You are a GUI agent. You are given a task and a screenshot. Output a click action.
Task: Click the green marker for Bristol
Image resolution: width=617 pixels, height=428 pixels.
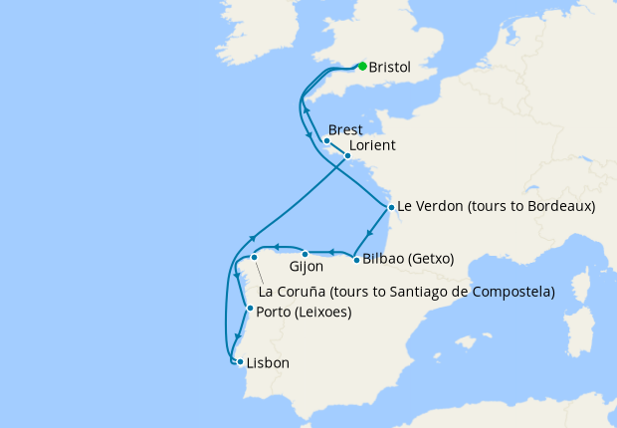[362, 67]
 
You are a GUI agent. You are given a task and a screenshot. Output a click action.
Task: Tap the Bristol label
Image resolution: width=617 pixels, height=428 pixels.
[389, 69]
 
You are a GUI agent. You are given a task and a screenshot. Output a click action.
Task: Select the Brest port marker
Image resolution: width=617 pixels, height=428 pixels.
[326, 140]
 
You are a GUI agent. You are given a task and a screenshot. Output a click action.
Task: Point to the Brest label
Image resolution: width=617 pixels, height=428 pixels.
[344, 130]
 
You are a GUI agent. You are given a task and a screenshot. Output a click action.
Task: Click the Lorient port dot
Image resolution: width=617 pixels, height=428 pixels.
[347, 156]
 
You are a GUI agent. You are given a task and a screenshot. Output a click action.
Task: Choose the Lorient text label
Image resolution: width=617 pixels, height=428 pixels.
[372, 145]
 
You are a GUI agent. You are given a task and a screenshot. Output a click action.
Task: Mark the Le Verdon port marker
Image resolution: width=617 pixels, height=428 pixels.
[392, 208]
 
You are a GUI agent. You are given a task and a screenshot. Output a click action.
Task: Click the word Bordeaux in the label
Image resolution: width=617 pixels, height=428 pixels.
[556, 207]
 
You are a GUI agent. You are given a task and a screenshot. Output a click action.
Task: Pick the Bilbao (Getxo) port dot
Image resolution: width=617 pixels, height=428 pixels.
[356, 260]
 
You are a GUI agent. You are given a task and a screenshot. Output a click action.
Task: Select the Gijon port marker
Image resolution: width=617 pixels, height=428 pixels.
[306, 255]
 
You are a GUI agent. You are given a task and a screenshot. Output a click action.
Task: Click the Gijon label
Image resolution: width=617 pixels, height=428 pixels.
[307, 268]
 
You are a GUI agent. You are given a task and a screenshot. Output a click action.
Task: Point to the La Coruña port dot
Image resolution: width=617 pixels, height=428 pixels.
[255, 257]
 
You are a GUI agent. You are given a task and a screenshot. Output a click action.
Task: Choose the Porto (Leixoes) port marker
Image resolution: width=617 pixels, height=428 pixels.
[249, 309]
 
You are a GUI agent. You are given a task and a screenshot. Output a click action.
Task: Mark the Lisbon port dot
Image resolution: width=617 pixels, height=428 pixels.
[240, 362]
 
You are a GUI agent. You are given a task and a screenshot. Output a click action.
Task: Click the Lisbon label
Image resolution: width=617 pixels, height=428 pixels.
[268, 363]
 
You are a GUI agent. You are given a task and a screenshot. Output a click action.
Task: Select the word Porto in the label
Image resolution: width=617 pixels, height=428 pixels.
[273, 312]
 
